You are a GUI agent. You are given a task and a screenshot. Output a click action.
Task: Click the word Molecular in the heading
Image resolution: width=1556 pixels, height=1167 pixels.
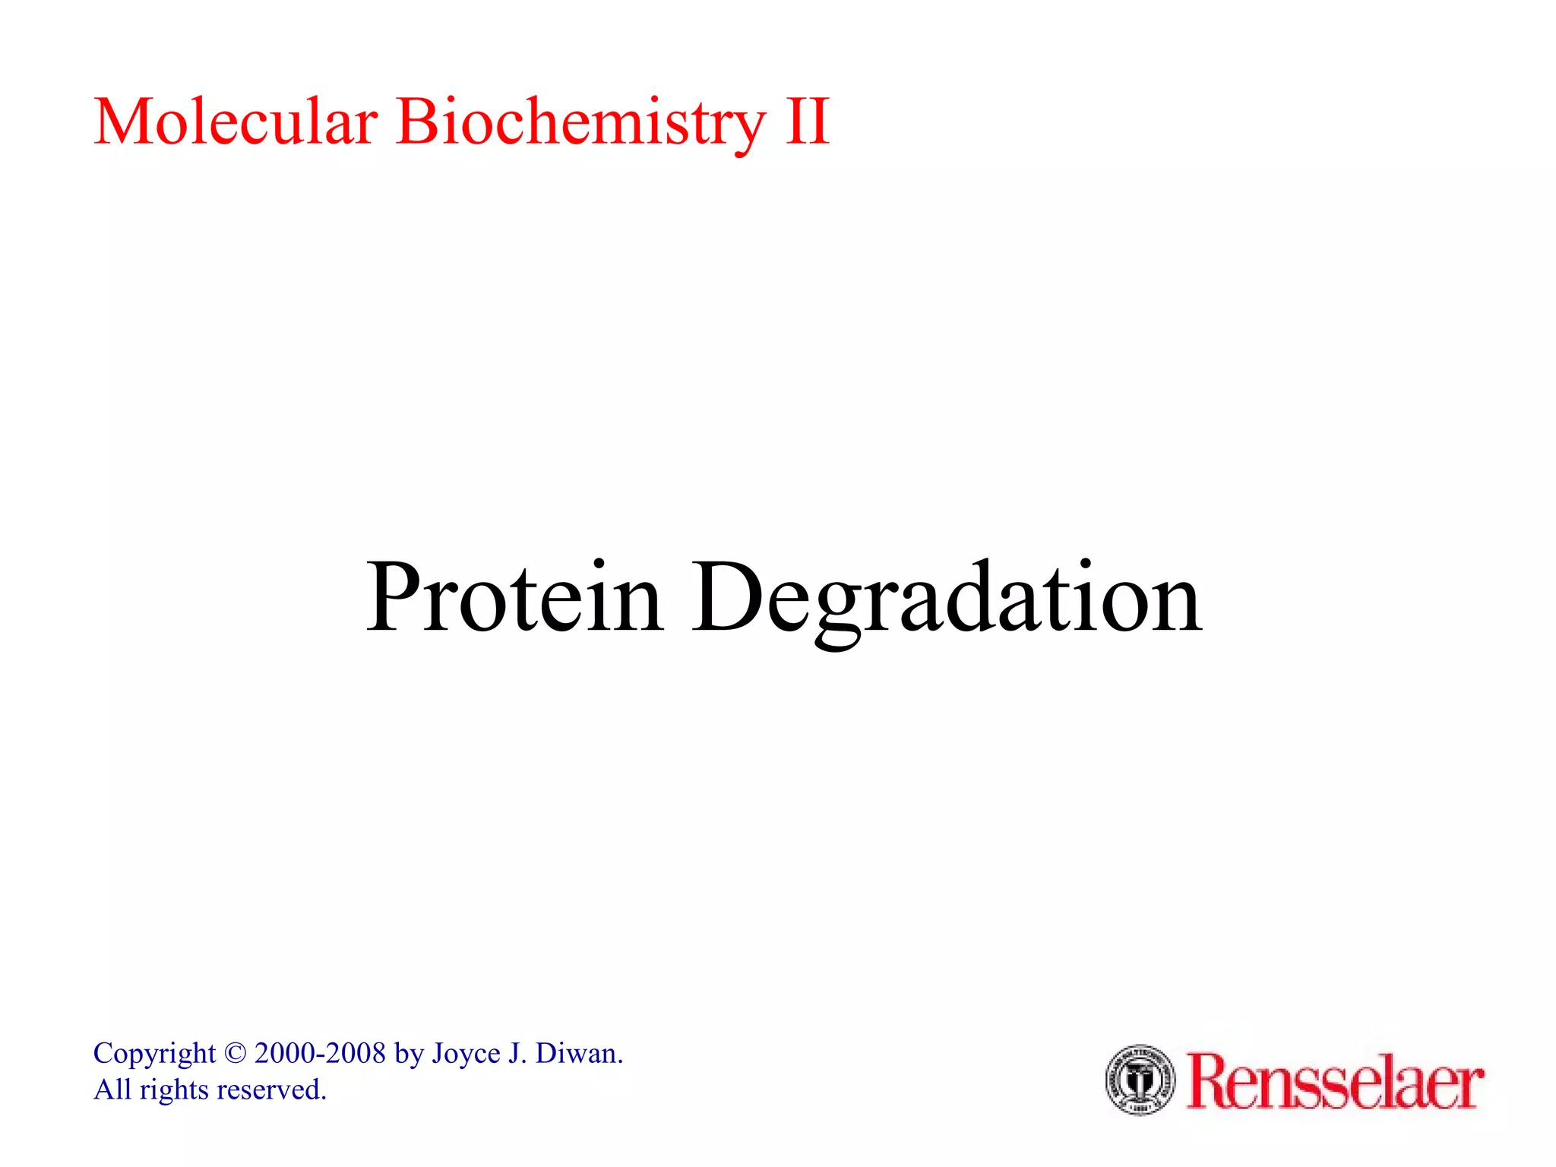(236, 122)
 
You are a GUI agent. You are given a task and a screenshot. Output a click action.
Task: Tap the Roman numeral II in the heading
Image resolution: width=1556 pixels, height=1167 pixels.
(807, 122)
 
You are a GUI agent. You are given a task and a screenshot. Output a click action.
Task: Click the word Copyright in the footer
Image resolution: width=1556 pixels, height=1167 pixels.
(154, 1055)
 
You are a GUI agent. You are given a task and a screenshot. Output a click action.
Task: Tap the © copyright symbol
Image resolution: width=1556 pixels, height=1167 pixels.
(236, 1054)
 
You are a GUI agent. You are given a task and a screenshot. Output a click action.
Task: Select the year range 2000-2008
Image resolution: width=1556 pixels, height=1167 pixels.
(320, 1053)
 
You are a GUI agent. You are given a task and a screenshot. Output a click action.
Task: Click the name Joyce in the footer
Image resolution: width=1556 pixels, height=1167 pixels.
(466, 1054)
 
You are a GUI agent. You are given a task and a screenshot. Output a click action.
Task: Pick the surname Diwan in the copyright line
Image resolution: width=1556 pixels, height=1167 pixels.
(579, 1053)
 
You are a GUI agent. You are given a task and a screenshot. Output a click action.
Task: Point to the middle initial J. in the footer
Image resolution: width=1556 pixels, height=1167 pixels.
(517, 1053)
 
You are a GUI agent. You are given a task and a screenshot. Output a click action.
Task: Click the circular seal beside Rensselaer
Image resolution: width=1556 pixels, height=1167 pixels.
(1140, 1080)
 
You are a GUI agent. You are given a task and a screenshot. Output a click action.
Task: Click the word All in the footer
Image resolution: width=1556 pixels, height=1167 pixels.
(112, 1090)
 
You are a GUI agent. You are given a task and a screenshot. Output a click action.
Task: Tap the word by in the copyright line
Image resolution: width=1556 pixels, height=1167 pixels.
(409, 1055)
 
